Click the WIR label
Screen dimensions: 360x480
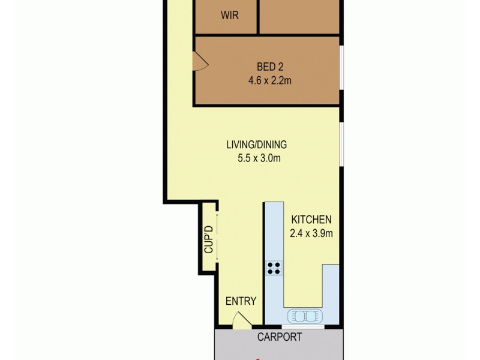click(229, 16)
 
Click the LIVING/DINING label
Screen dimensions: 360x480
click(256, 145)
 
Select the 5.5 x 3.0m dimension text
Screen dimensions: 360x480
click(256, 158)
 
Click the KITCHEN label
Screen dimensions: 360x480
click(311, 220)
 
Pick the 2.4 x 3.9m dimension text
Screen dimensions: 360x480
click(311, 233)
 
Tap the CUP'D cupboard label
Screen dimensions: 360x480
click(208, 238)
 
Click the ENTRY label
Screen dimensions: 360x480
click(241, 301)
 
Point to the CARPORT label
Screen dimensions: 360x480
click(280, 337)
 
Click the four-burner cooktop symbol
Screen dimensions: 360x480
click(275, 268)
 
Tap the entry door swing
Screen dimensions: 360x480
click(242, 320)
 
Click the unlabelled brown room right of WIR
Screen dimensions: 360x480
click(299, 16)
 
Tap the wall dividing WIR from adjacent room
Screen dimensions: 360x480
click(259, 16)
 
